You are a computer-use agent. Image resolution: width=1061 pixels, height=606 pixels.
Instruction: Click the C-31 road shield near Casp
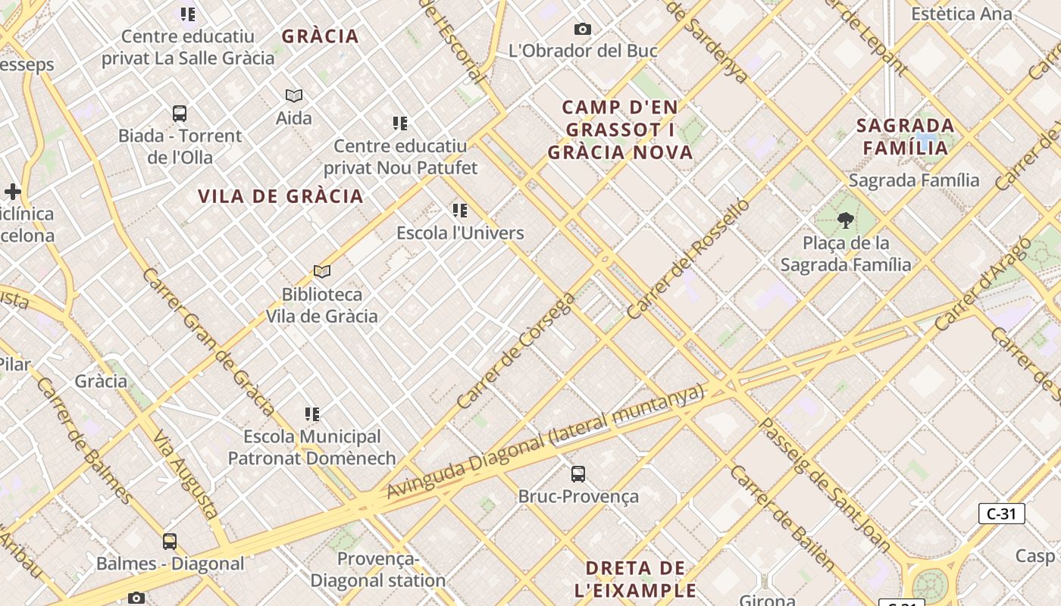[1001, 514]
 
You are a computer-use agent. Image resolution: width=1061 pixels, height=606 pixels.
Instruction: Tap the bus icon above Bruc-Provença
[578, 474]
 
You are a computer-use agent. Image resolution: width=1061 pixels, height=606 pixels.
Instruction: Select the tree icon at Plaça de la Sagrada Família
[845, 220]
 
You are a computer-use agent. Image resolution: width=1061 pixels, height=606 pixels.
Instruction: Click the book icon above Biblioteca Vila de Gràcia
[322, 271]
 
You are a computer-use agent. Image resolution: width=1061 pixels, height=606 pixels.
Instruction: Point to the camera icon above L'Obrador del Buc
[582, 29]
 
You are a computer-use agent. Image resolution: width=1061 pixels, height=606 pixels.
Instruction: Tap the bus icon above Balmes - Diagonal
[170, 542]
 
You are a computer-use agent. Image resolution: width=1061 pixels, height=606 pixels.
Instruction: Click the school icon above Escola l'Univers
[460, 210]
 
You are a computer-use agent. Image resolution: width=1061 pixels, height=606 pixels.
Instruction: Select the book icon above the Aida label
[294, 95]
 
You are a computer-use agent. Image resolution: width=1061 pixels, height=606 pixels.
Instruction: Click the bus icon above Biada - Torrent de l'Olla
[180, 114]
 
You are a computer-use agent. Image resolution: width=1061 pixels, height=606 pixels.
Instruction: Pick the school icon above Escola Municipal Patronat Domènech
[312, 414]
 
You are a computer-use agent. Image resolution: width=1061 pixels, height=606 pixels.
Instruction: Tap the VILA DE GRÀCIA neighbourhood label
[280, 196]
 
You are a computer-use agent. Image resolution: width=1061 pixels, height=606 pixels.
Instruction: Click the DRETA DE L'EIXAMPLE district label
[635, 579]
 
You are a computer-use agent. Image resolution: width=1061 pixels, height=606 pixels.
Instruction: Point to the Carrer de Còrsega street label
[517, 351]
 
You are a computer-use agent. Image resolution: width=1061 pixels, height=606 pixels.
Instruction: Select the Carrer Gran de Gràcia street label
[208, 341]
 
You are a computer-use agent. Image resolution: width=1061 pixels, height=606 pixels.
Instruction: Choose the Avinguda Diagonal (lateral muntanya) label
[546, 442]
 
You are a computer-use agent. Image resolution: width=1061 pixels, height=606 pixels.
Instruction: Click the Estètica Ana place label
[961, 14]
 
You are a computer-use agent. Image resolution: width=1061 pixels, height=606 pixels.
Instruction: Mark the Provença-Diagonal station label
[377, 570]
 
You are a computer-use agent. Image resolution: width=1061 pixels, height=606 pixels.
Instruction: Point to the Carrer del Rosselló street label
[688, 258]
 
